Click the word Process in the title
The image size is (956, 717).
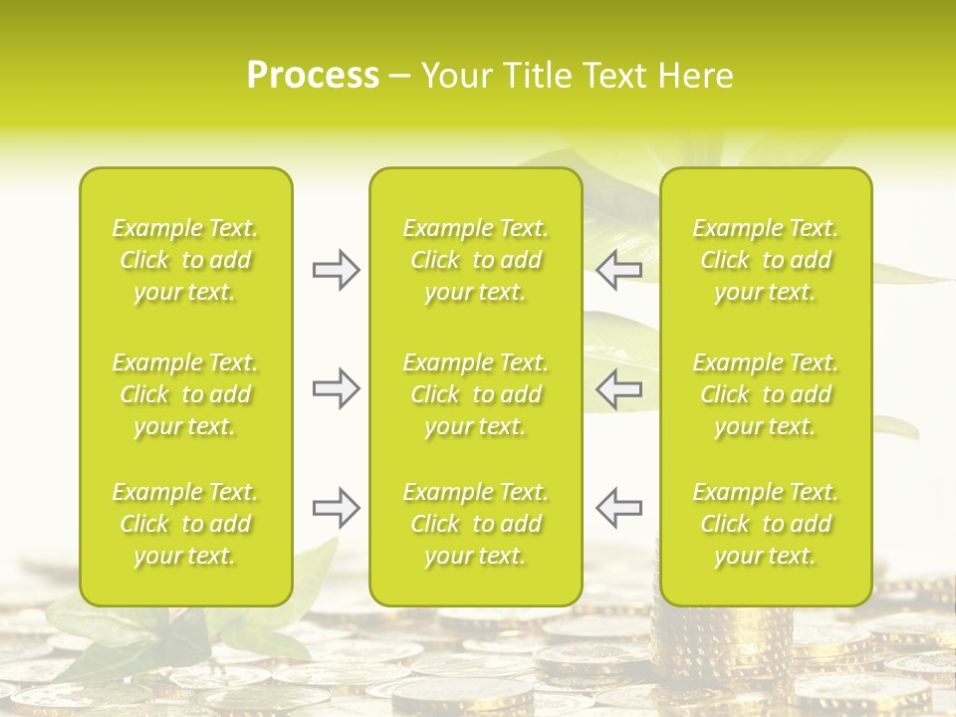click(313, 76)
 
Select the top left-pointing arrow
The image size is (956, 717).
click(618, 270)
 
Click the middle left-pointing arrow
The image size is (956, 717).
click(618, 387)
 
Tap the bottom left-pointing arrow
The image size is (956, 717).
click(618, 508)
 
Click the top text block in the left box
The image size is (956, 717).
click(185, 260)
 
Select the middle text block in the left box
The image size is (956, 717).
click(185, 394)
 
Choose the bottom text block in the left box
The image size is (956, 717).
click(185, 524)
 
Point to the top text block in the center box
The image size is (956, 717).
click(476, 260)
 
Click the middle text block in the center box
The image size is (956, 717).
click(476, 394)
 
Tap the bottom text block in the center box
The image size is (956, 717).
click(476, 524)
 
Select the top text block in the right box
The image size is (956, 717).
click(766, 260)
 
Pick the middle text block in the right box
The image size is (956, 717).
click(766, 394)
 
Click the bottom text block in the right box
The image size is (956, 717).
click(766, 524)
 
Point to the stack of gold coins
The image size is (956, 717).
click(697, 637)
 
